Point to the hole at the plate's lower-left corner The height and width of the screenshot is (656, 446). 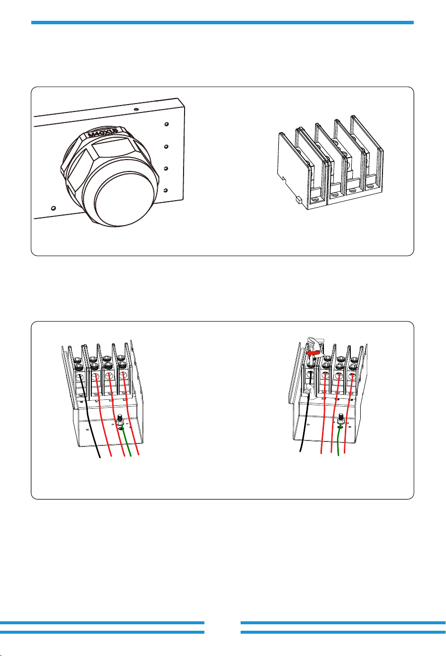point(53,208)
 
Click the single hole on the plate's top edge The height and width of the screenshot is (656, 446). point(136,109)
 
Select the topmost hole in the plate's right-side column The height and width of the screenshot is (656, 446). point(167,124)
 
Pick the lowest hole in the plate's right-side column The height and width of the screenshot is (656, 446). point(166,190)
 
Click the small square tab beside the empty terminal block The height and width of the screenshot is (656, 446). point(299,200)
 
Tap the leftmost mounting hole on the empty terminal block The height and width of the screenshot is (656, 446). point(316,200)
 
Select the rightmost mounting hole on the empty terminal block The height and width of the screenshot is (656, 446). point(370,186)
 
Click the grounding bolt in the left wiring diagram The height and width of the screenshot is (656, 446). point(120,420)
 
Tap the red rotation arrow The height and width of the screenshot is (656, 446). point(313,353)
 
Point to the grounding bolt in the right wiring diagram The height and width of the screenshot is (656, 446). point(341,419)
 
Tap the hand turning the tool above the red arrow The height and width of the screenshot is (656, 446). point(313,343)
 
